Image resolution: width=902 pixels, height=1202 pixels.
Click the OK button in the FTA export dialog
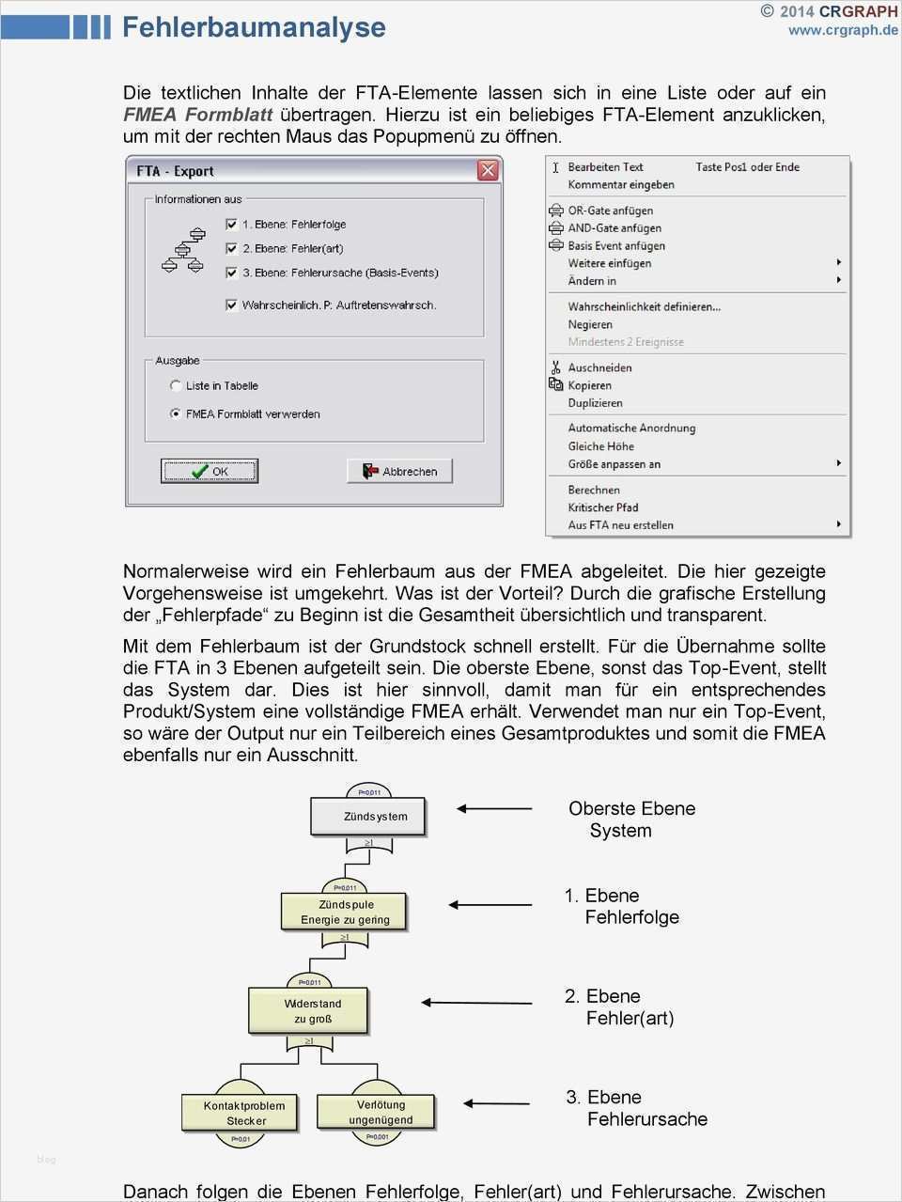tap(210, 471)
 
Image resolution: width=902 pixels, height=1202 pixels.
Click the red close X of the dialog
tap(488, 170)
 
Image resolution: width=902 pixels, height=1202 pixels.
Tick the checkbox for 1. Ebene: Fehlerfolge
tap(232, 225)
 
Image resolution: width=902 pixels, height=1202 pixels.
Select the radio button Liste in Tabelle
tap(176, 385)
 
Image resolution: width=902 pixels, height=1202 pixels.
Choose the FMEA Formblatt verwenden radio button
tap(176, 414)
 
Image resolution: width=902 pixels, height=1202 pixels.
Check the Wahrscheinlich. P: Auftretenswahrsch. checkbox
tap(232, 304)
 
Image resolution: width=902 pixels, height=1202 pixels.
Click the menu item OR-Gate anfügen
tap(610, 211)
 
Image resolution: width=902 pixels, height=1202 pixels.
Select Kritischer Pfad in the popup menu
tap(602, 507)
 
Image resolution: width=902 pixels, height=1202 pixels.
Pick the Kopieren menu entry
tap(589, 385)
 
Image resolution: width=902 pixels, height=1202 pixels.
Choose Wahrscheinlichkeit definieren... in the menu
tap(644, 306)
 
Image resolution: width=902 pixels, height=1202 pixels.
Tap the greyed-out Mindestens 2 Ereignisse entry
tap(625, 342)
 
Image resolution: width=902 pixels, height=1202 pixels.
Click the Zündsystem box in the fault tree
tap(368, 817)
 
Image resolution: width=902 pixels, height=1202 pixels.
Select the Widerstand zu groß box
tap(308, 1010)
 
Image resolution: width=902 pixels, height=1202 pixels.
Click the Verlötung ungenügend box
tap(378, 1112)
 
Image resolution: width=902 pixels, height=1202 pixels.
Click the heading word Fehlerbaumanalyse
tap(254, 26)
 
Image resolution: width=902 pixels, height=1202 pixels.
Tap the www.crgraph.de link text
tap(843, 30)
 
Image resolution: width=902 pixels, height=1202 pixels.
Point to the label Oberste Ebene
tap(631, 808)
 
